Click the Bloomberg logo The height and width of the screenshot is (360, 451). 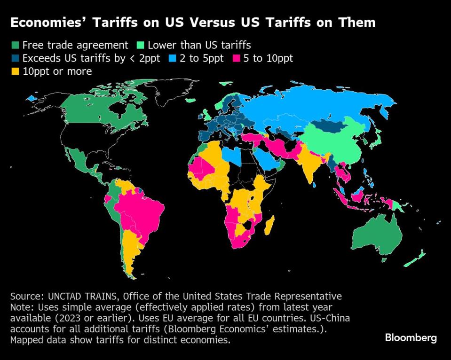tap(411, 338)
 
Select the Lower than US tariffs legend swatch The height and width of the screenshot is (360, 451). tap(140, 46)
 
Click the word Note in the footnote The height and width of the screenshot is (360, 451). tap(20, 307)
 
